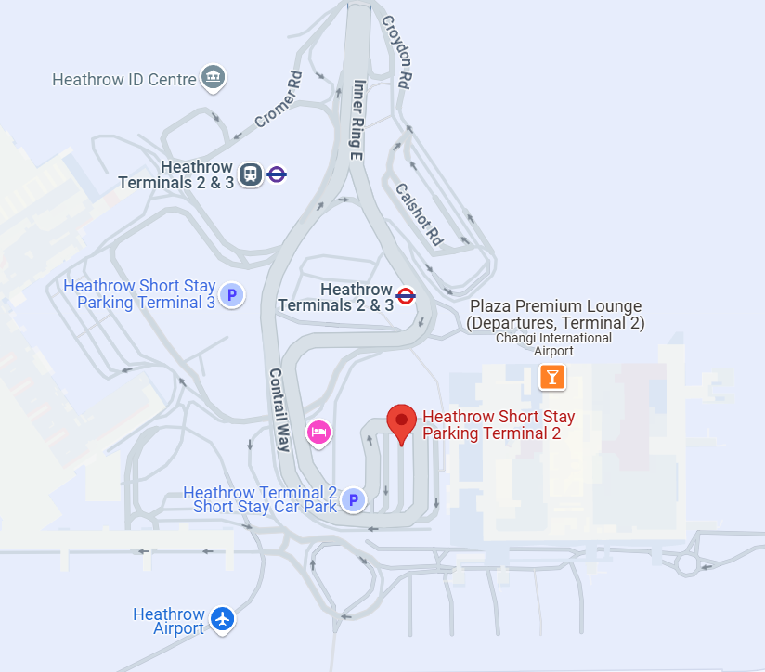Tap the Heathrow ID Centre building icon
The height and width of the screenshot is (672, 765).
[214, 78]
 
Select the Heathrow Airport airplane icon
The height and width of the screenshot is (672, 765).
[222, 618]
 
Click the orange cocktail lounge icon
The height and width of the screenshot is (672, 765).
[552, 377]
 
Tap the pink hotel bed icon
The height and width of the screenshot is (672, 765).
[319, 432]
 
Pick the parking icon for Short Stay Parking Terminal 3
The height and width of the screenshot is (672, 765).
[232, 295]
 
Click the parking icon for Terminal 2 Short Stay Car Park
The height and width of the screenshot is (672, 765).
[353, 500]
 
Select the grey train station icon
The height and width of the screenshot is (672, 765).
[250, 174]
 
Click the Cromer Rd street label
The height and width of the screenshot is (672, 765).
[279, 99]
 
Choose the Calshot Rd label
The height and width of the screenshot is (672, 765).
[420, 213]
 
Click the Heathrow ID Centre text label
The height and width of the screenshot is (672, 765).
[124, 80]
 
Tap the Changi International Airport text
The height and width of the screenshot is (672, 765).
[553, 344]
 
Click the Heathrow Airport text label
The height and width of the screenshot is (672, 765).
[168, 621]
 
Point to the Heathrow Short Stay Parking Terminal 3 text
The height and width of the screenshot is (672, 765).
[139, 294]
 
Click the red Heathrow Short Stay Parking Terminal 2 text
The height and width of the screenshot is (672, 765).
[498, 425]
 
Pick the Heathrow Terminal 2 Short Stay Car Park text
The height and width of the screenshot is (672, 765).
[260, 499]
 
